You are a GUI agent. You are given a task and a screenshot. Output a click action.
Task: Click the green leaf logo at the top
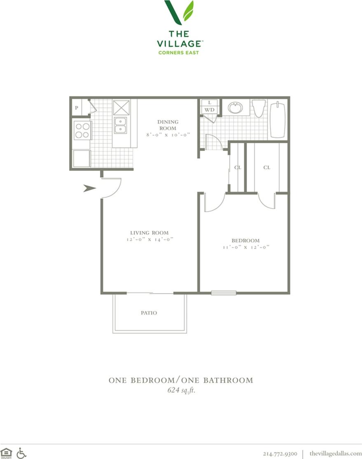click(x=179, y=12)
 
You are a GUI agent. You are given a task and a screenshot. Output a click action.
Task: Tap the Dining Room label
click(x=168, y=125)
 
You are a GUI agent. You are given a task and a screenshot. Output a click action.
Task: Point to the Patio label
click(x=149, y=313)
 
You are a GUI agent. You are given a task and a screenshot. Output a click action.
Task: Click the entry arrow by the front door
click(x=89, y=188)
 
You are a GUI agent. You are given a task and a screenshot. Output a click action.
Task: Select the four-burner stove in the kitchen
click(x=82, y=130)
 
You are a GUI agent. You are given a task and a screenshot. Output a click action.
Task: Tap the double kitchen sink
click(x=121, y=125)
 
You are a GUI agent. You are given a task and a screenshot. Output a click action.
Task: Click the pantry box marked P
click(x=77, y=108)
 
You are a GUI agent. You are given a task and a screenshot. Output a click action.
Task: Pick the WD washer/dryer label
click(x=210, y=110)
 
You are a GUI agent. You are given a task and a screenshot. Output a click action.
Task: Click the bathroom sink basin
click(x=235, y=108)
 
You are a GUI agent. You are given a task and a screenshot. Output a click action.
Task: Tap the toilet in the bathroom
click(x=259, y=108)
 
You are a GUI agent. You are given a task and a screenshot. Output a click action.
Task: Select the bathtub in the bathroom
click(x=278, y=119)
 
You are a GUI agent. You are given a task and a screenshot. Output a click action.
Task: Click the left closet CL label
click(x=237, y=167)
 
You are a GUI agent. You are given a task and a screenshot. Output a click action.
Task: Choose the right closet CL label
click(x=266, y=167)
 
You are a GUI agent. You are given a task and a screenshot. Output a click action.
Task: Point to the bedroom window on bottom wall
click(x=224, y=293)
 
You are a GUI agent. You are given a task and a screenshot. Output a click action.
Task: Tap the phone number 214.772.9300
click(x=280, y=453)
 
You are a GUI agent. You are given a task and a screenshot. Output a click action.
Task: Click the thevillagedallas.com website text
click(x=335, y=453)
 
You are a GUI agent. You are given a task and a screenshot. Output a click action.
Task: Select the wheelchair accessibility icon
click(x=21, y=453)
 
